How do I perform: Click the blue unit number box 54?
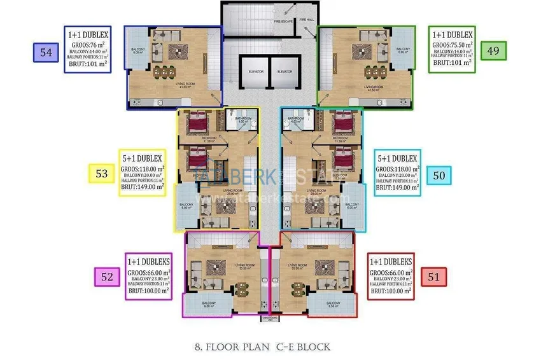46,52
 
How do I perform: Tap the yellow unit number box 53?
101,174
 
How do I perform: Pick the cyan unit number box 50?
439,174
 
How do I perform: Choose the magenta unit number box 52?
106,276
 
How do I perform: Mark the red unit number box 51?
434,276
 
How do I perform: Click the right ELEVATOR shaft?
285,75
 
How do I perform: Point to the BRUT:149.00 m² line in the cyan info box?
397,187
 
